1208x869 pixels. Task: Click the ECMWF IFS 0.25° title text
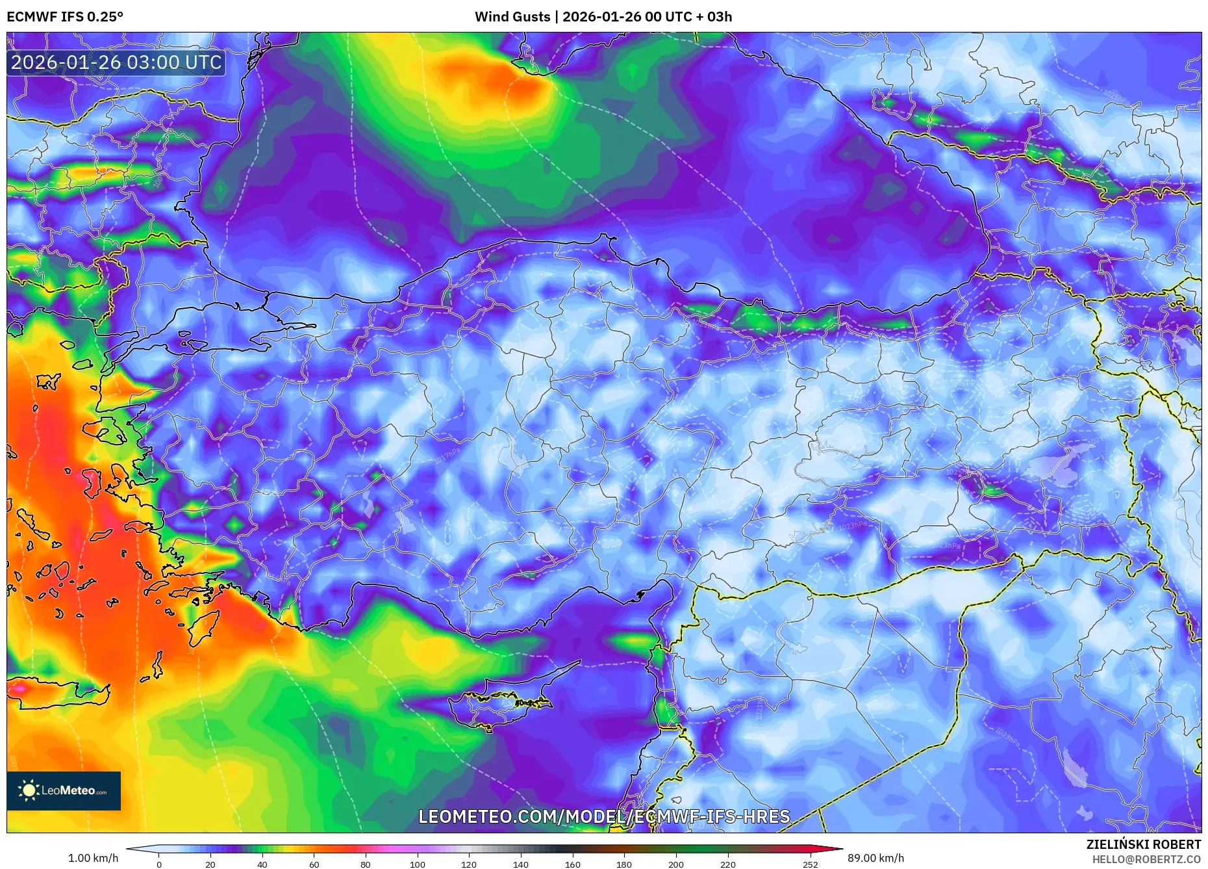[65, 17]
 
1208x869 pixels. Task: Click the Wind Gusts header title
[603, 17]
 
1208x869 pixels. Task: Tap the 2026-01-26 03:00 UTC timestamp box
[116, 62]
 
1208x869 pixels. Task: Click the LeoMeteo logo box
[64, 790]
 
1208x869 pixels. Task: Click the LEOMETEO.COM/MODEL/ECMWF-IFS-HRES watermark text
[603, 816]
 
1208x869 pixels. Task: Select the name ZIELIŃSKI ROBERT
[1143, 844]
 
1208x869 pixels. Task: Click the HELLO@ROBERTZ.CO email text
[1146, 859]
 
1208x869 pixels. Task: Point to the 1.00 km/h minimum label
[93, 858]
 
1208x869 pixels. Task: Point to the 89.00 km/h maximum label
[875, 858]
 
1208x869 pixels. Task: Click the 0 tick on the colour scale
[159, 864]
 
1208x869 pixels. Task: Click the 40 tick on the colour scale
[262, 864]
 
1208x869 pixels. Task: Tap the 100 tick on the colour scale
[417, 864]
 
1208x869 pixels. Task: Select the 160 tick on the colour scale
[572, 864]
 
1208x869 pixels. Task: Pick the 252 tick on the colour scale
[810, 864]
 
